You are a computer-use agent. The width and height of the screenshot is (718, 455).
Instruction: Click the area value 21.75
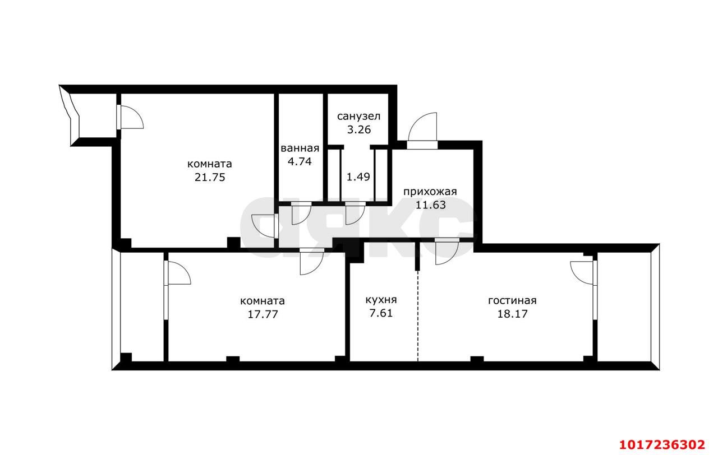coord(210,177)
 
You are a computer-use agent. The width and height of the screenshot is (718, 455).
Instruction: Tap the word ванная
coord(300,148)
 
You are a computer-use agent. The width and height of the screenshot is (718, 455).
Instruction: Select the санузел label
coord(358,116)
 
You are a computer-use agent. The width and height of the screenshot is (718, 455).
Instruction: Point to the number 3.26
coord(359,129)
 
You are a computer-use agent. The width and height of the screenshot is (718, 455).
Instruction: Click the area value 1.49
coord(358,177)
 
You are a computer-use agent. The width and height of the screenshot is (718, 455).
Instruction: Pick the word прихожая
coord(430,192)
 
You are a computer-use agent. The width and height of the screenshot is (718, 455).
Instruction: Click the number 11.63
coord(430,205)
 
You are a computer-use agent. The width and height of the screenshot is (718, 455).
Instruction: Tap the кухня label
coord(381,300)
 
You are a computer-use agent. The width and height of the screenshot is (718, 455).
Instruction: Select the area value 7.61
coord(381,313)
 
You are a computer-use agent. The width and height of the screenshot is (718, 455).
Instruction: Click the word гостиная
coord(512,301)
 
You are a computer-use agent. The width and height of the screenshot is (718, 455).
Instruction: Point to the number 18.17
coord(512,313)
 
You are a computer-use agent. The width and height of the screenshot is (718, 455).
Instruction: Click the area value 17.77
coord(263,314)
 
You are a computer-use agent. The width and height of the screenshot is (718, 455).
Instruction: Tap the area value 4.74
coord(300,161)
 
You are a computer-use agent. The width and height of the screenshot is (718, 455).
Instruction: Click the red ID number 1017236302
coord(662,444)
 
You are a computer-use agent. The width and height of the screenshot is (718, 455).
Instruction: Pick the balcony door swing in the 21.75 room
coord(131,117)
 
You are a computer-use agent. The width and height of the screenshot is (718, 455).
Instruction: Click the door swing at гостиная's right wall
coord(581,273)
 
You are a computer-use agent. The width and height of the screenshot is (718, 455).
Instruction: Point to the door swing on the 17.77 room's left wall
coord(178,273)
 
